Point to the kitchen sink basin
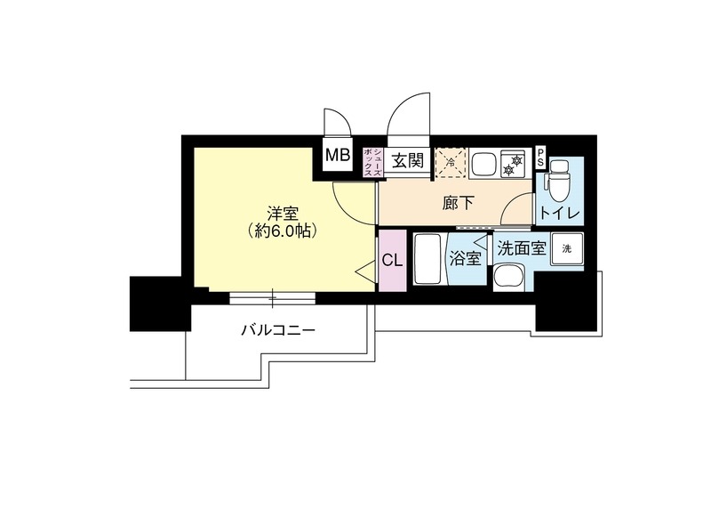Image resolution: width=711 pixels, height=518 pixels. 484,163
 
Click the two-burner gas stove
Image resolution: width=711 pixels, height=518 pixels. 514,163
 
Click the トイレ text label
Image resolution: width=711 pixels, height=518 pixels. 560,214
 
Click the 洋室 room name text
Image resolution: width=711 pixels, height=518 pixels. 283,214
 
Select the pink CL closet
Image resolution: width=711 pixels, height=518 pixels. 391,260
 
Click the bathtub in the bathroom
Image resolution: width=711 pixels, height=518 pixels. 428,259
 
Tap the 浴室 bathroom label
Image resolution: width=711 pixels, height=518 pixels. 467,259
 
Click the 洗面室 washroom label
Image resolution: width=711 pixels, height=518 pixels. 521,249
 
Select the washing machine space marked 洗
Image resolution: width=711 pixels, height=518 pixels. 566,250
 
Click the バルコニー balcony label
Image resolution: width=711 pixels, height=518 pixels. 277,331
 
